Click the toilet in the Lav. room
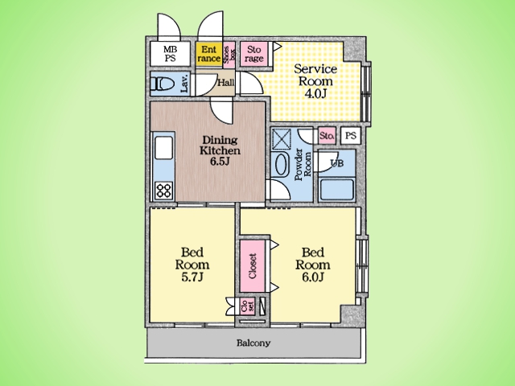pos(162,84)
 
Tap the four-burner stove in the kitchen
pos(164,191)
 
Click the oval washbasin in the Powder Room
pos(282,165)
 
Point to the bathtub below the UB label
pos(336,190)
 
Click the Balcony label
pos(253,343)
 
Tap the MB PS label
pos(170,54)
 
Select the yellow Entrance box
pos(209,54)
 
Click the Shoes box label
pos(229,55)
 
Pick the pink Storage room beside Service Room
pos(254,54)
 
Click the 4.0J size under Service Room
pos(315,93)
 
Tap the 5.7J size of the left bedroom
pos(192,277)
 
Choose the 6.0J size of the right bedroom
pos(313,277)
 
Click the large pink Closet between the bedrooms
pos(252,266)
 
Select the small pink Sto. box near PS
pos(327,136)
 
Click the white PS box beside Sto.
pos(351,136)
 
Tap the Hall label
pos(226,82)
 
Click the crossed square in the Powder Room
pos(282,139)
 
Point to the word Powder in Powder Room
pos(299,165)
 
